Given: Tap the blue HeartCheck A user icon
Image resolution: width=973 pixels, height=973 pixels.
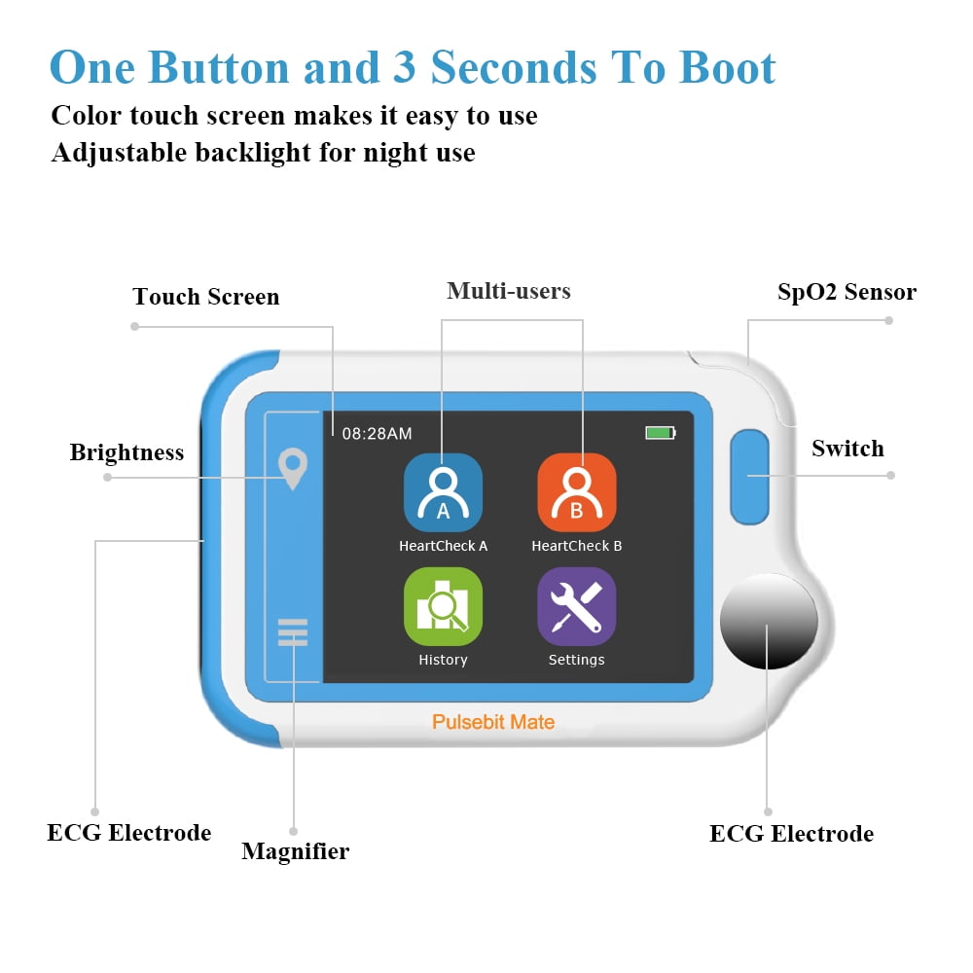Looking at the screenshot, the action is (x=443, y=492).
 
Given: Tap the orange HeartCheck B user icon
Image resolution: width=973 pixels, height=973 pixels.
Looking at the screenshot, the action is (x=576, y=492).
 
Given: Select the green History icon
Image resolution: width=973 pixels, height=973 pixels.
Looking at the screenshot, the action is (x=443, y=606).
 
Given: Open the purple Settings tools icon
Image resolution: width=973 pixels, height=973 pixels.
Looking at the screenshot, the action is (x=576, y=606).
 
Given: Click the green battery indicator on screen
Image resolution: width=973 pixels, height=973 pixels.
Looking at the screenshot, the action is (x=661, y=433).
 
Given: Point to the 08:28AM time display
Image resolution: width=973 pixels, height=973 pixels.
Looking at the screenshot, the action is (x=377, y=433).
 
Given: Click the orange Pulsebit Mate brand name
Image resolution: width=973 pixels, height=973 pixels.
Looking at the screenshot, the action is (x=493, y=722).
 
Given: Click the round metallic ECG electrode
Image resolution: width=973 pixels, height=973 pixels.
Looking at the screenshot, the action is (x=769, y=621).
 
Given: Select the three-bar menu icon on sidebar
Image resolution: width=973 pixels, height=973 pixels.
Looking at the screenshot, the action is (x=293, y=632).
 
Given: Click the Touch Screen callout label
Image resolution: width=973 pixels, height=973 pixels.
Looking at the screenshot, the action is (x=206, y=297).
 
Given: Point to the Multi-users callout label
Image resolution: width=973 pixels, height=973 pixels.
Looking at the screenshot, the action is (x=509, y=290).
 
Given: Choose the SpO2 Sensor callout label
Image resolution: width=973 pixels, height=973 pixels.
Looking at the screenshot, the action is (x=847, y=292).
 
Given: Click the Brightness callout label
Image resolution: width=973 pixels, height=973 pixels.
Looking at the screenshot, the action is (x=126, y=452).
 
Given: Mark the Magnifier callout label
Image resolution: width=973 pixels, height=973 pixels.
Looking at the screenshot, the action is (x=296, y=851).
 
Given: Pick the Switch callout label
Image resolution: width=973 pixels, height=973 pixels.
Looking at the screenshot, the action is (x=847, y=448).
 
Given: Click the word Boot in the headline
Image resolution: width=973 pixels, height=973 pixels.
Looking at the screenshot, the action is (x=727, y=67).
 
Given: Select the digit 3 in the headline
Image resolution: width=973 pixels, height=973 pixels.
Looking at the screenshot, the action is (x=404, y=66).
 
